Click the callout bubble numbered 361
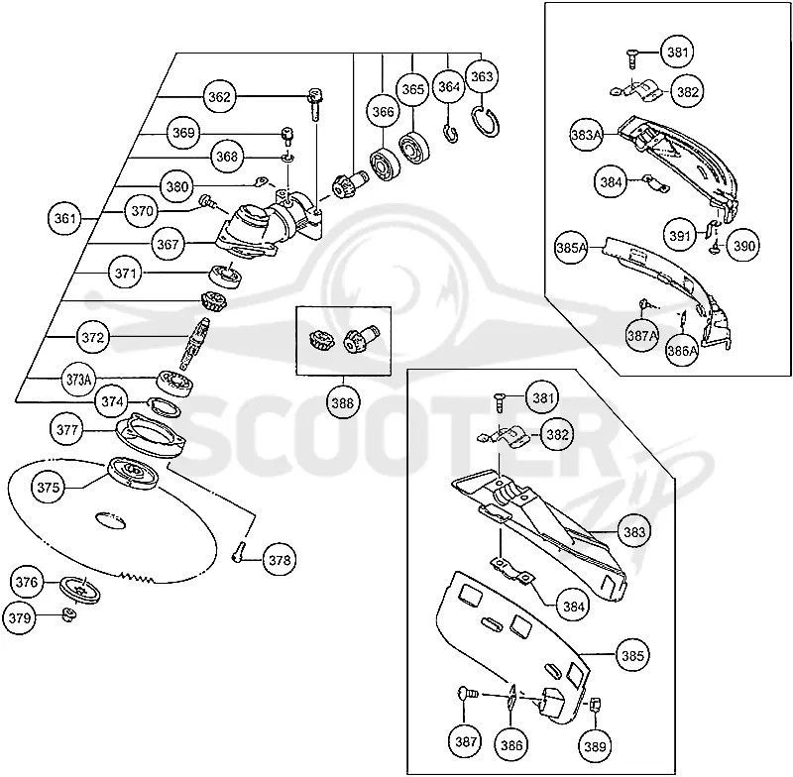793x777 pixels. tap(64, 218)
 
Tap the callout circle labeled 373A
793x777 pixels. tap(78, 380)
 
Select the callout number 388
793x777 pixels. tap(343, 403)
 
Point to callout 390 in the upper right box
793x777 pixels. tap(743, 246)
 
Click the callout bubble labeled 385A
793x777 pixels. tap(572, 248)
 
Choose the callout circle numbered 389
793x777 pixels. tap(595, 745)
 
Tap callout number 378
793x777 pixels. tap(280, 560)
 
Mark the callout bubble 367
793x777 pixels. tap(168, 244)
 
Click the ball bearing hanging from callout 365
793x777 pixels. tap(413, 148)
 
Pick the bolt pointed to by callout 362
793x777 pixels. tap(315, 103)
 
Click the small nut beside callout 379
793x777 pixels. tap(68, 615)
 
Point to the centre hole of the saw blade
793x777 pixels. tap(110, 519)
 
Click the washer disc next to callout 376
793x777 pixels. tap(80, 589)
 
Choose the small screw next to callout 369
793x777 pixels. tap(287, 136)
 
